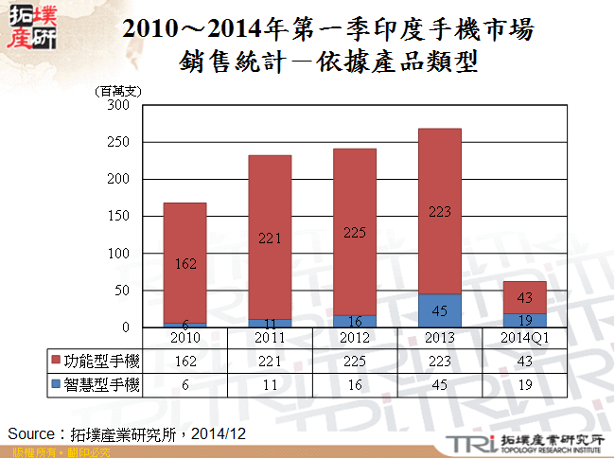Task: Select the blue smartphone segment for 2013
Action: [440, 310]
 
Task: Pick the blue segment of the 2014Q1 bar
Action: [525, 320]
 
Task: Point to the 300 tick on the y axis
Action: [117, 105]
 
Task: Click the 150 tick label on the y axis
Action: [117, 217]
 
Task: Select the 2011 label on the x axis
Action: [270, 336]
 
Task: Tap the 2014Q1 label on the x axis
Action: [525, 336]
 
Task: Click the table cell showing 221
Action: [270, 361]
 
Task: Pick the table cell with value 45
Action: [440, 384]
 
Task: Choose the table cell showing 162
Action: [184, 361]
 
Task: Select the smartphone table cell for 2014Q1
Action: [525, 384]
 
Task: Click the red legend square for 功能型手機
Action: [57, 361]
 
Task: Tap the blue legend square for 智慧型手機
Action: [57, 384]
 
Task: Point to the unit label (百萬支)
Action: [118, 91]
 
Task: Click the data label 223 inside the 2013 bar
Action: [440, 212]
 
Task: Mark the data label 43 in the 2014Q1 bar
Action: [525, 298]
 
